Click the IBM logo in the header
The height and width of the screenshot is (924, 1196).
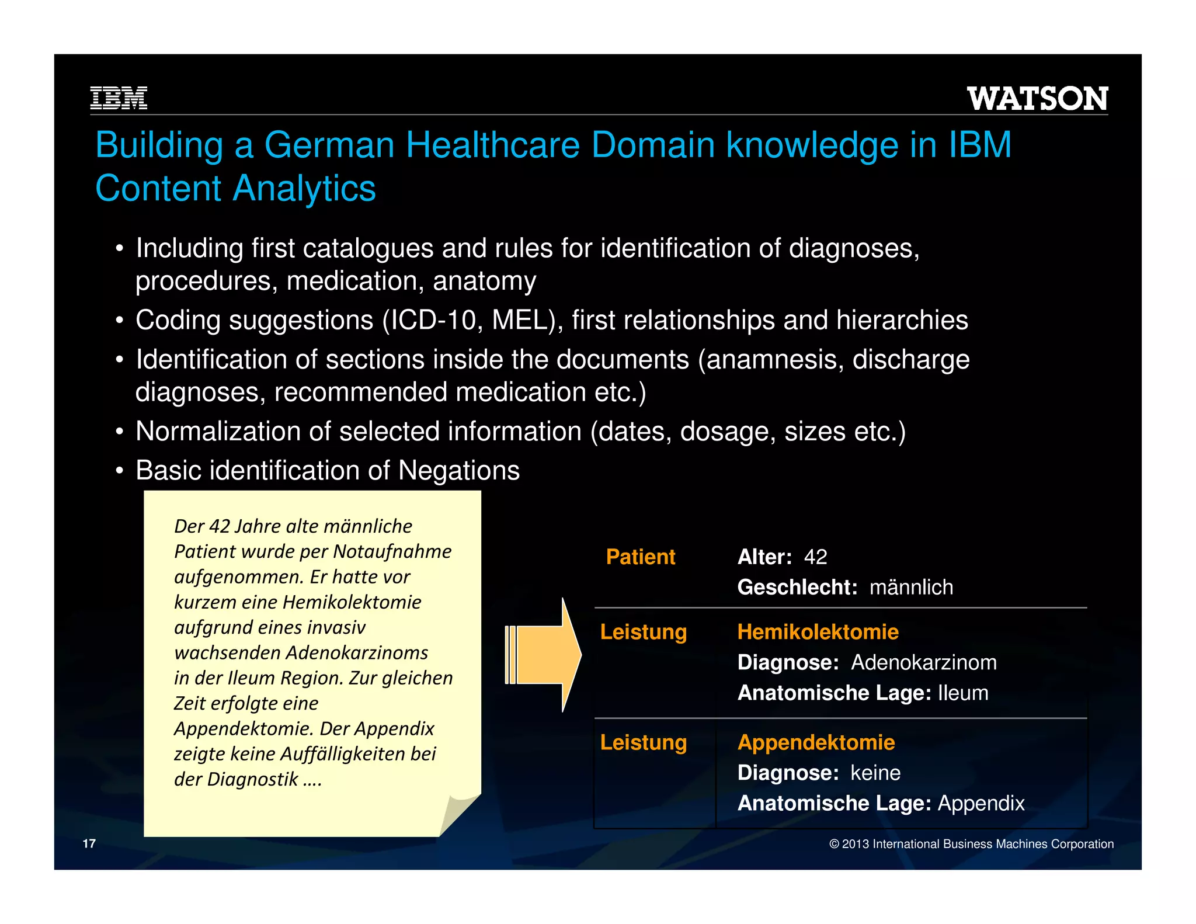coord(119,98)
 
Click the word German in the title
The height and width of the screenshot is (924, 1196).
coord(329,145)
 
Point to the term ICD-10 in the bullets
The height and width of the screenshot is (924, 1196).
coord(433,321)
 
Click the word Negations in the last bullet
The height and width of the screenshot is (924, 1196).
coord(458,471)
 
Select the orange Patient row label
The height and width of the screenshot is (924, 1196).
coord(641,557)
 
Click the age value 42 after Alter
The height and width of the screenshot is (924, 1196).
coord(815,557)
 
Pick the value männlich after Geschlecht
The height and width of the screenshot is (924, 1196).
coord(911,588)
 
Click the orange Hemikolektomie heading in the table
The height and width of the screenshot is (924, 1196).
coord(818,632)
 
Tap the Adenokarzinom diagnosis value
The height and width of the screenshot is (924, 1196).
coord(924,663)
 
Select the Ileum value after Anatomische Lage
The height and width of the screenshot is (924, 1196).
coord(963,693)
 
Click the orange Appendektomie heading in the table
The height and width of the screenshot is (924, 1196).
coord(816,742)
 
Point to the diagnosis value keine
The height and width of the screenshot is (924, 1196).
coord(875,773)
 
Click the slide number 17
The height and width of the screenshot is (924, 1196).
coord(89,843)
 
